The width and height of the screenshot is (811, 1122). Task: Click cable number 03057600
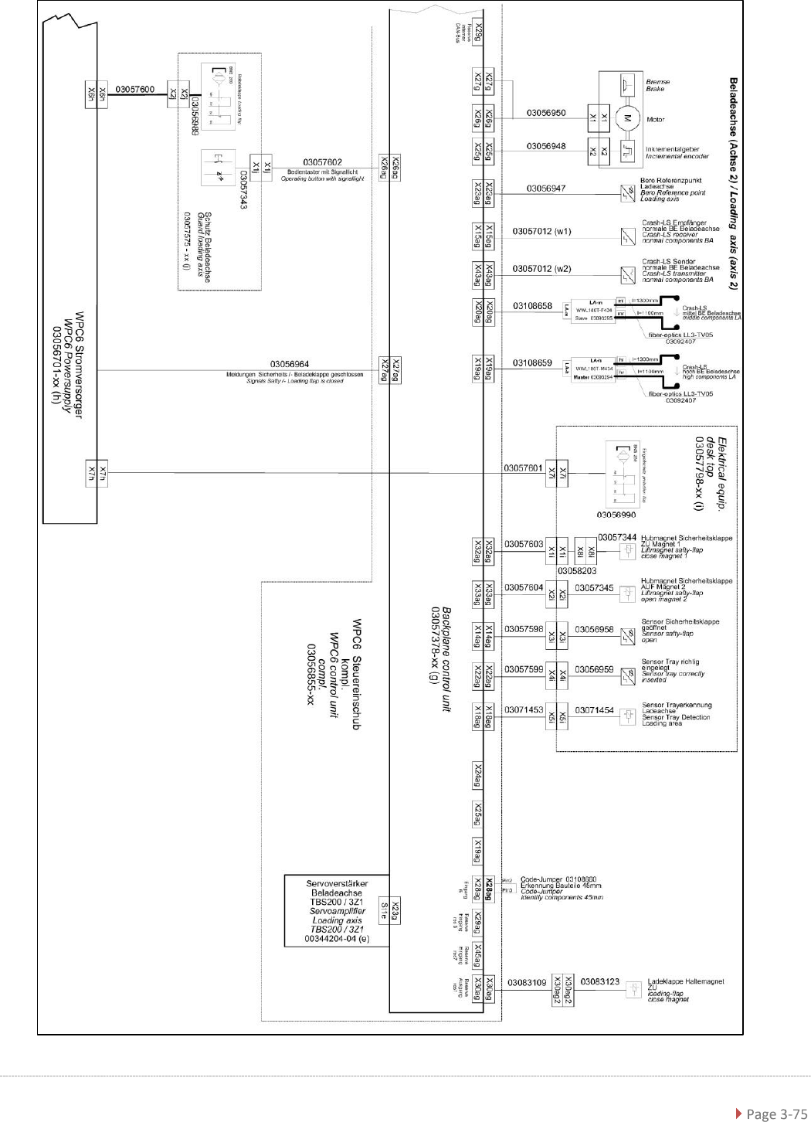tap(135, 90)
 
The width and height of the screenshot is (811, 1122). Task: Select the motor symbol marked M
tap(627, 118)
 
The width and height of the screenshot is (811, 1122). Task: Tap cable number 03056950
tap(546, 113)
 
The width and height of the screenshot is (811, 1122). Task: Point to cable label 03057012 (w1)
tap(542, 231)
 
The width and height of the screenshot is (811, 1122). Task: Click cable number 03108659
tap(532, 362)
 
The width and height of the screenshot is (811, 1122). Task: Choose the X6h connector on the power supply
tap(96, 94)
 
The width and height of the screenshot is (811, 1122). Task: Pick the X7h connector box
tap(96, 472)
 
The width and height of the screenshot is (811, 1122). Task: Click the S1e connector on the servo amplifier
tap(382, 912)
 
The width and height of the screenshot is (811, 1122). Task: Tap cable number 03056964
tap(290, 364)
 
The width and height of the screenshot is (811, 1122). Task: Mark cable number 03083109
tap(527, 983)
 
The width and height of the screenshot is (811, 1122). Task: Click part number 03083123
tap(599, 981)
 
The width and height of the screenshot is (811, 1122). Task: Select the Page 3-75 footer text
tap(772, 1113)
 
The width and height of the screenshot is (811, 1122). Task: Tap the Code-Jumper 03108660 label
tap(558, 879)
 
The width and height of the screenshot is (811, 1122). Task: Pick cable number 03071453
tap(524, 709)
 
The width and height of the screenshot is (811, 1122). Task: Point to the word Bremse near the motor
tap(657, 81)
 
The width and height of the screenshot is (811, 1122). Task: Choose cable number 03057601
tap(523, 467)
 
